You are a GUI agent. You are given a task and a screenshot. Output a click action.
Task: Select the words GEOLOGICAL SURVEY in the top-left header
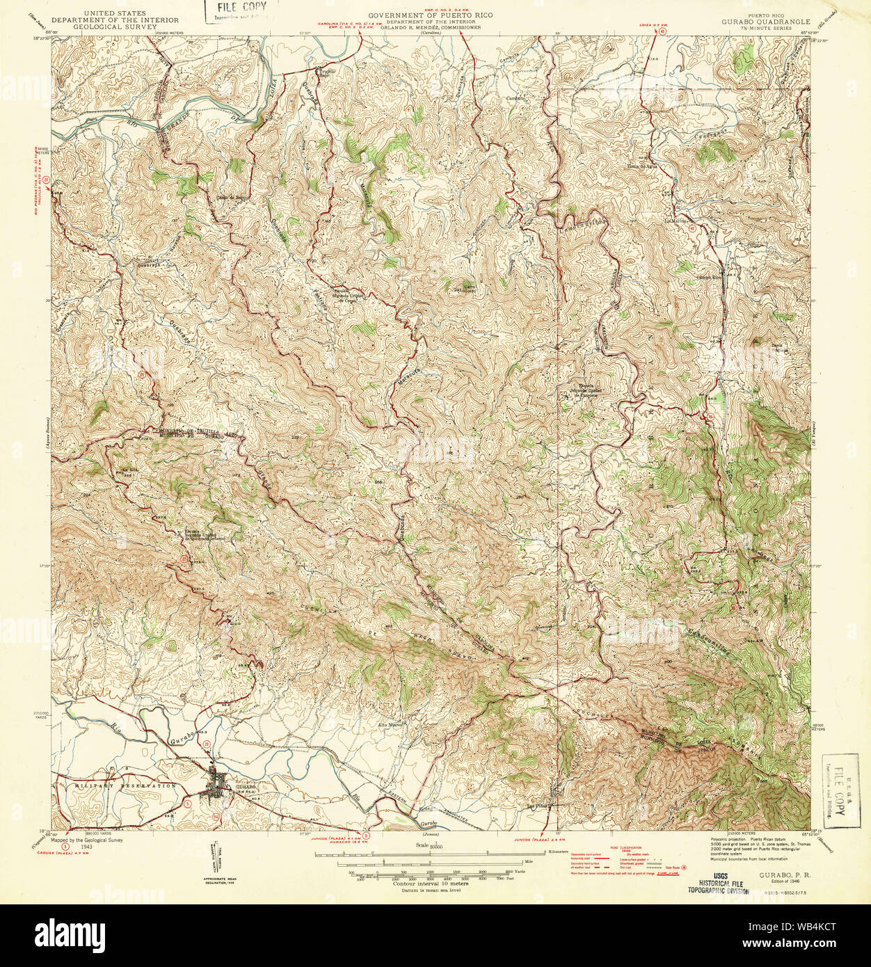(x=115, y=27)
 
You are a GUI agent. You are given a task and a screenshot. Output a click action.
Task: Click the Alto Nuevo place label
(x=391, y=724)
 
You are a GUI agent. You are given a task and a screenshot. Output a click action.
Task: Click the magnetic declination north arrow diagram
(x=212, y=863)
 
